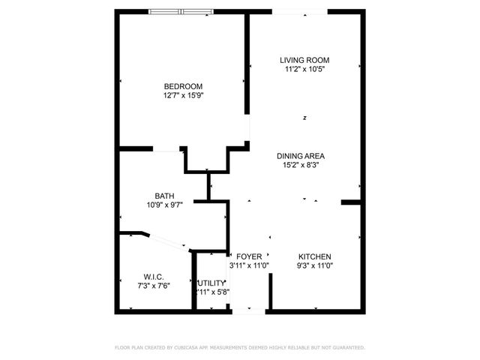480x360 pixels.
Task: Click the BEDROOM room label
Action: (x=184, y=85)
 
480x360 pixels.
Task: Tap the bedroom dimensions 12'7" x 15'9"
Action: (x=184, y=95)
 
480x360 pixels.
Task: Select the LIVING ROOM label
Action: (x=304, y=60)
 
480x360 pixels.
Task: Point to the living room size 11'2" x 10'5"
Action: (x=304, y=69)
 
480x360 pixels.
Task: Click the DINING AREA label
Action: (x=304, y=156)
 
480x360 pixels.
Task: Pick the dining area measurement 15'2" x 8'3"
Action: (x=304, y=166)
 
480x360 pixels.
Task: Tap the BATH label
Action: (x=164, y=195)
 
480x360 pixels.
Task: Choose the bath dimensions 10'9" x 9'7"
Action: (x=164, y=204)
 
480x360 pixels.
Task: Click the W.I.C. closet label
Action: (x=154, y=277)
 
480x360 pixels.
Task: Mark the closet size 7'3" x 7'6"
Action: (x=154, y=286)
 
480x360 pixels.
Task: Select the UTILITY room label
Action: (x=211, y=283)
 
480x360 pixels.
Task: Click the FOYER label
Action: (x=249, y=256)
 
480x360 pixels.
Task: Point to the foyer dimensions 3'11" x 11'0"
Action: (x=249, y=265)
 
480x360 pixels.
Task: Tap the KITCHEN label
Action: (x=314, y=256)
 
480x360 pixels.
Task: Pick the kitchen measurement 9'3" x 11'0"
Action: (x=314, y=265)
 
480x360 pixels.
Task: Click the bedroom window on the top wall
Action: (x=181, y=11)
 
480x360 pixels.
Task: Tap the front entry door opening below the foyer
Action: (x=249, y=310)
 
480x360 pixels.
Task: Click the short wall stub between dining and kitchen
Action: (x=350, y=202)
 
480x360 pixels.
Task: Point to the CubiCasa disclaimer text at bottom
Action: (x=239, y=348)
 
